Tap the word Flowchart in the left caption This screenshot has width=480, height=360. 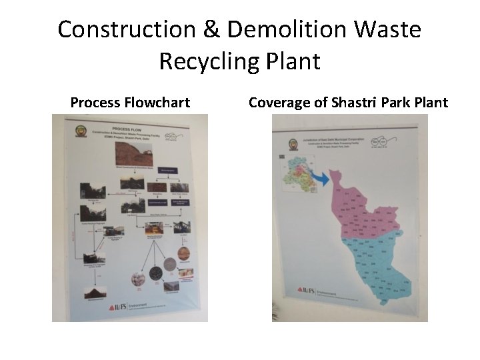[x=157, y=103]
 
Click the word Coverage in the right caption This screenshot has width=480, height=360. [x=277, y=103]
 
